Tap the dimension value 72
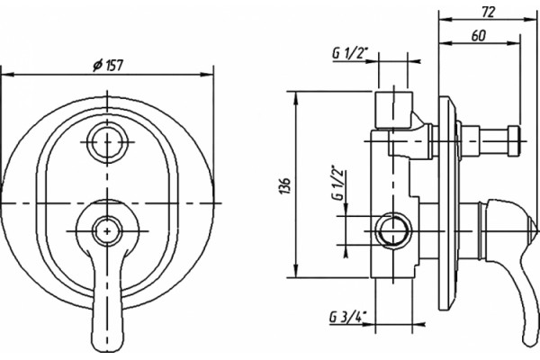pos(489,12)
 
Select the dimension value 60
pos(479,36)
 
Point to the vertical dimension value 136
pos(285,186)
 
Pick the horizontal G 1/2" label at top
pos(350,53)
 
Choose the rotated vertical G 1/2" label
pos(338,183)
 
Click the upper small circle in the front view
pos(107,141)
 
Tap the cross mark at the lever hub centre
pos(107,231)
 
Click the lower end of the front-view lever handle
pos(107,347)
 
